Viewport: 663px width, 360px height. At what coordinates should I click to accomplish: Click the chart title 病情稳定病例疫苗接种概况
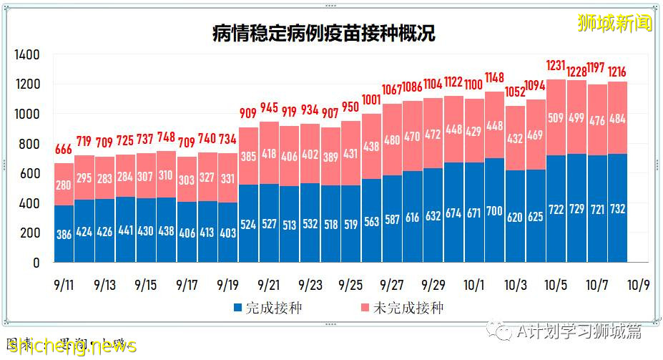[323, 33]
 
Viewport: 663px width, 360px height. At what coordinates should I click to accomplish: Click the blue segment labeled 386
[64, 233]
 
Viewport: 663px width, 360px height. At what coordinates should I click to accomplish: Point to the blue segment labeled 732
[617, 208]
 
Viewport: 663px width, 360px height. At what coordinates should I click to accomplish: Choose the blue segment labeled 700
[494, 210]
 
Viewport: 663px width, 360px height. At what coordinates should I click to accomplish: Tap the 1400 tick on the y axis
[26, 55]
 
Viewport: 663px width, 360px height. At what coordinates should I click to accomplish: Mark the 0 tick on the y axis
[36, 263]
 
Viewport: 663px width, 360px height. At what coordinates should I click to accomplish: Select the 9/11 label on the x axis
[64, 285]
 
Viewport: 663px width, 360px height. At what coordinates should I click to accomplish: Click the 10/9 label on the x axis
[638, 285]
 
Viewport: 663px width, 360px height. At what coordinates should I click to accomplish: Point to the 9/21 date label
[269, 285]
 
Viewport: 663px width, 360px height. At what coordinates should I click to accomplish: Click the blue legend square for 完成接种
[237, 308]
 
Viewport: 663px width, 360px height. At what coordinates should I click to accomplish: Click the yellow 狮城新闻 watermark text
[615, 22]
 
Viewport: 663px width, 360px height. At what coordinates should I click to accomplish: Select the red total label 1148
[494, 76]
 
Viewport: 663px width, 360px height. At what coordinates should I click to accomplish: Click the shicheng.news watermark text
[68, 347]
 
